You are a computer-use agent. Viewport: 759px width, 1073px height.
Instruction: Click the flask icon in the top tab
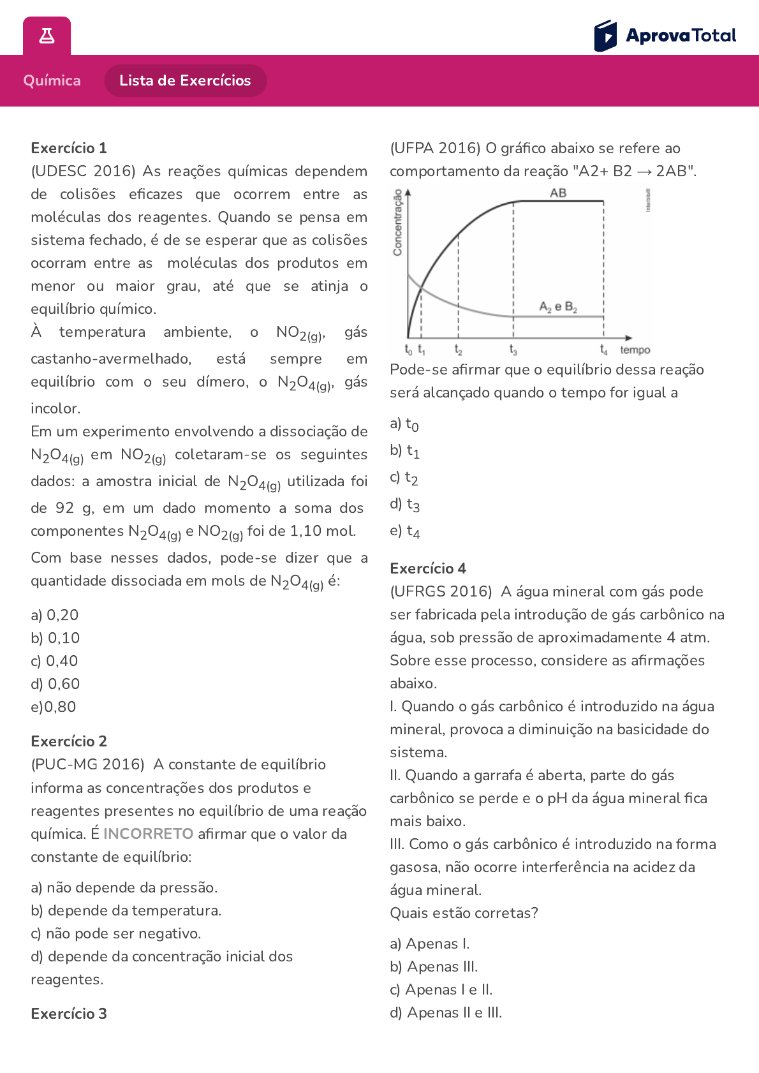point(47,36)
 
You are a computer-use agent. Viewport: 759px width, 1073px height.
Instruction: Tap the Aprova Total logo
point(665,36)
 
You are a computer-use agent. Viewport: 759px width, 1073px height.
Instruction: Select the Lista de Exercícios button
point(185,80)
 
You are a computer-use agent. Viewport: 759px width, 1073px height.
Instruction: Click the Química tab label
point(52,80)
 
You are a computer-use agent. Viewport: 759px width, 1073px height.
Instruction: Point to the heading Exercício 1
point(69,148)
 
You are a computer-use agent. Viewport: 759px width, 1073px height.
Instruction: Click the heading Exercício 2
point(69,741)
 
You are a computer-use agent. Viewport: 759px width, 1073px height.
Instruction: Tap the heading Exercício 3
point(69,1014)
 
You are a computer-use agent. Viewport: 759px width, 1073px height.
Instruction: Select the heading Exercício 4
point(428,568)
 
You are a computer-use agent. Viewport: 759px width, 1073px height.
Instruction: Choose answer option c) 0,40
point(54,661)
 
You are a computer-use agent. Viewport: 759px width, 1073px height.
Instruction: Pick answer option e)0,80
point(54,707)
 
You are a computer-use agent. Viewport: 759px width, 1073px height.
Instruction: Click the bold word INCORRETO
point(148,834)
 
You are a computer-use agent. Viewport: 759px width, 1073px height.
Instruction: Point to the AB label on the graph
point(558,193)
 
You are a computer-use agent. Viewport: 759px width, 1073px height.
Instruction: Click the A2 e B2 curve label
point(558,307)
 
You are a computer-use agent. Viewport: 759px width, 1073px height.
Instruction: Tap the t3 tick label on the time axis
point(513,350)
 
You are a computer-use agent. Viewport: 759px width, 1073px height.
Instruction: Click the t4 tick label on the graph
point(603,350)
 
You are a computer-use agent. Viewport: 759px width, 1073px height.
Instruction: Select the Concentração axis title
point(398,223)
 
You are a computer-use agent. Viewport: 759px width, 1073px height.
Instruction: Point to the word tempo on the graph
point(635,350)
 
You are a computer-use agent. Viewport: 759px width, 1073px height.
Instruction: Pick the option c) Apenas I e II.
point(441,989)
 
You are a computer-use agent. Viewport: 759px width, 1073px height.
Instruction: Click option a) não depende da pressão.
point(124,887)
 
